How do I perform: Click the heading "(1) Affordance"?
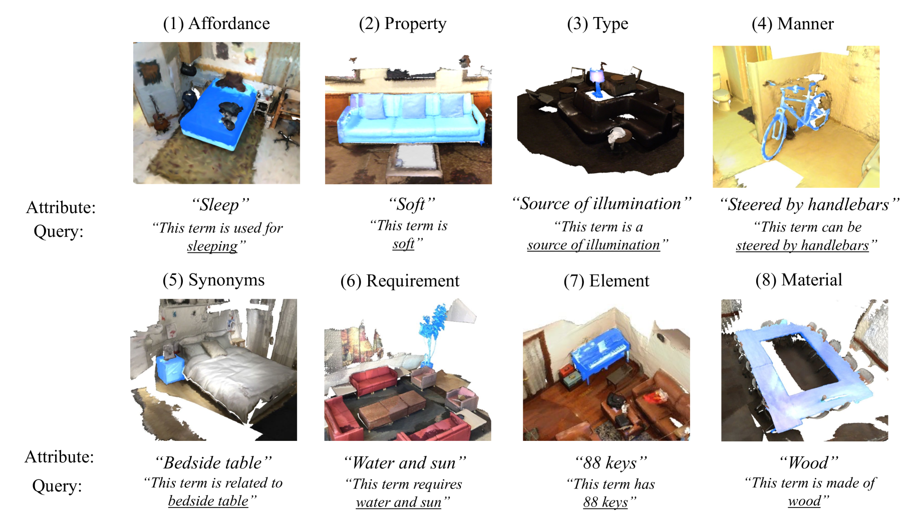[x=216, y=24]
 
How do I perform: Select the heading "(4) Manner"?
[x=793, y=24]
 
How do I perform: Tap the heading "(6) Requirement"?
[x=400, y=281]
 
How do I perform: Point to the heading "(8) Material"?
[x=799, y=280]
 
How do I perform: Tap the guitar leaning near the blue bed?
[x=159, y=115]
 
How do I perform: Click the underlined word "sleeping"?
[x=212, y=246]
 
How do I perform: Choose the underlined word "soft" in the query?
[x=404, y=244]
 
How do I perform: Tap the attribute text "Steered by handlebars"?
[x=809, y=204]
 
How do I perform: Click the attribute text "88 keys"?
[x=610, y=463]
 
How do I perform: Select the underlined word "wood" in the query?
[x=804, y=501]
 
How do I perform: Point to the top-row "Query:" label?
[x=58, y=232]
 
